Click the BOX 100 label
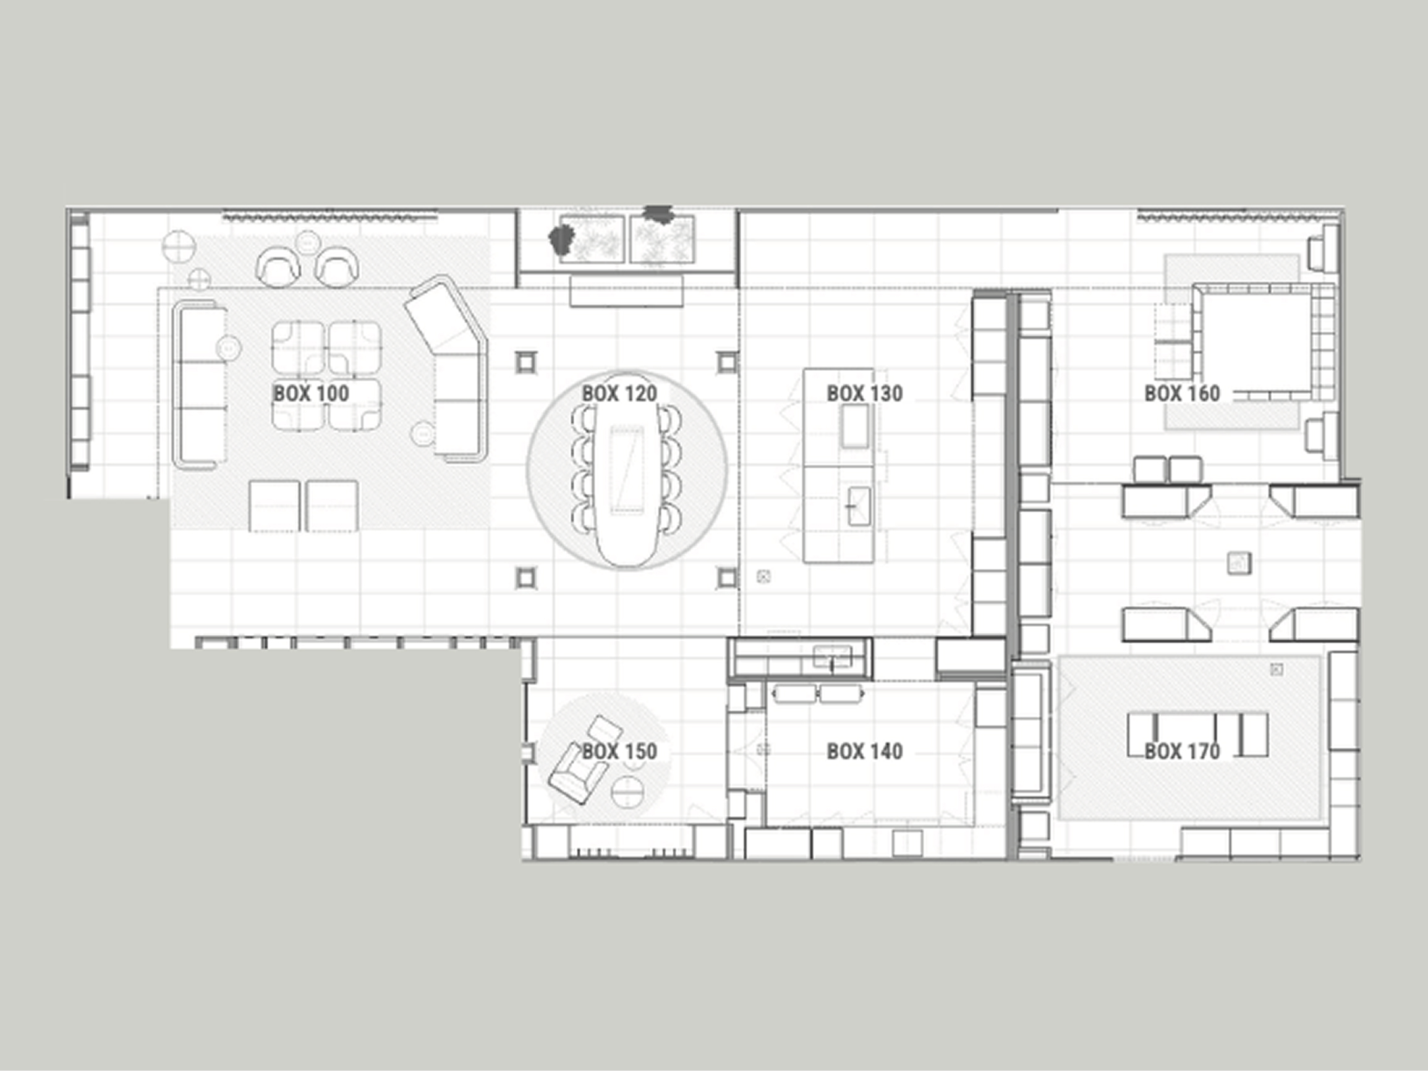click(311, 393)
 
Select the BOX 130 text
click(864, 393)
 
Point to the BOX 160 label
click(1182, 393)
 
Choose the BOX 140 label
click(864, 751)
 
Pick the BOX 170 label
click(1182, 751)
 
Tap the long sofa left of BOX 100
click(200, 385)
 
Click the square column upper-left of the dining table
click(526, 362)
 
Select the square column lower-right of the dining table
click(727, 578)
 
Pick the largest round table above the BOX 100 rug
click(178, 247)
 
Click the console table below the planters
click(626, 291)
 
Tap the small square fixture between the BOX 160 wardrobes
click(1238, 563)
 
